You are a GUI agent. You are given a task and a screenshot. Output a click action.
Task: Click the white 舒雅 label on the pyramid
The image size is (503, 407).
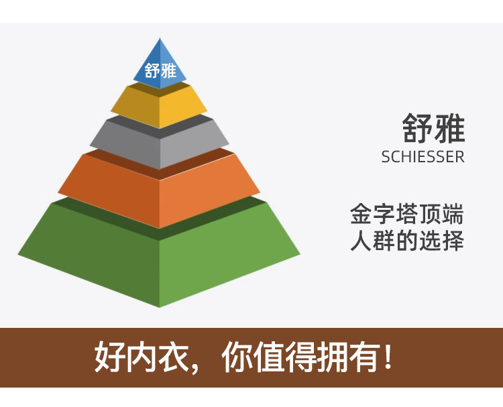[x=160, y=70]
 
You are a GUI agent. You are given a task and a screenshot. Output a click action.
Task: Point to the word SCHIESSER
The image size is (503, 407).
[x=423, y=157]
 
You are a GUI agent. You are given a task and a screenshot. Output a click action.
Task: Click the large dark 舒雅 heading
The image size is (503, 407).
[x=433, y=128]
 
